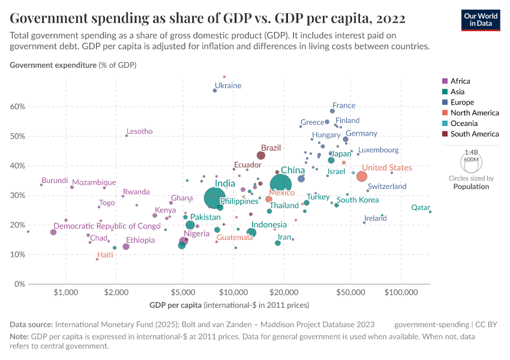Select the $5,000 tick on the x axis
pos(182,293)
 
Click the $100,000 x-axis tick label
pos(400,293)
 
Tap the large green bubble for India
pos(215,197)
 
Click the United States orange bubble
pos(362,176)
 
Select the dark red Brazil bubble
pos(261,155)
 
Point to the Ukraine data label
pos(228,86)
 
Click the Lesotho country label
pos(140,131)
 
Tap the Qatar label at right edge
pos(420,208)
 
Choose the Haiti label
pos(105,255)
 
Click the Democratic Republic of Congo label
pos(107,226)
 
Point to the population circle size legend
pos(471,162)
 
